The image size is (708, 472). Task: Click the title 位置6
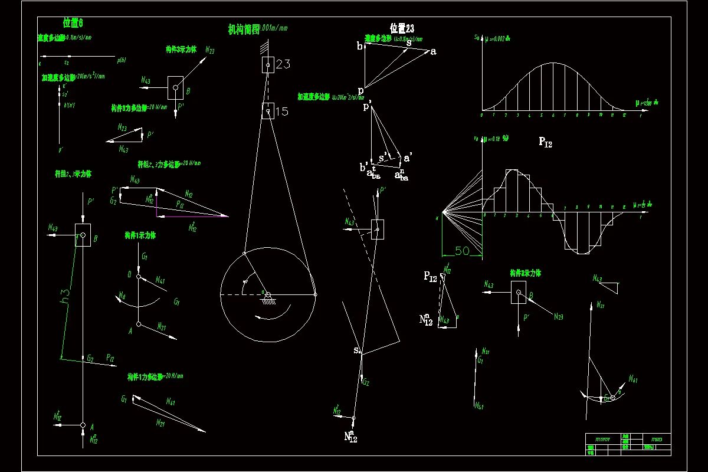pyautogui.click(x=73, y=23)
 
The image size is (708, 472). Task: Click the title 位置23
pyautogui.click(x=402, y=28)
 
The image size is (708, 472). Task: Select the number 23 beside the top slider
pyautogui.click(x=283, y=64)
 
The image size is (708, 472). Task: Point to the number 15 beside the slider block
pyautogui.click(x=282, y=111)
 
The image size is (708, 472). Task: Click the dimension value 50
pyautogui.click(x=462, y=251)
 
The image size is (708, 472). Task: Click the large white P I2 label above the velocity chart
pyautogui.click(x=545, y=142)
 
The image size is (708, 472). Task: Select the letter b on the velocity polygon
pyautogui.click(x=359, y=47)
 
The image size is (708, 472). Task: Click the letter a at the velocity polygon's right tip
pyautogui.click(x=433, y=52)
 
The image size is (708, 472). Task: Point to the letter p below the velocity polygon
pyautogui.click(x=360, y=90)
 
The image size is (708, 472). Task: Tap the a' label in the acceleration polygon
pyautogui.click(x=408, y=158)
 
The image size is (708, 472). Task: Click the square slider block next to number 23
pyautogui.click(x=268, y=65)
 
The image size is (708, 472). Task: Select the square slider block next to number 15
pyautogui.click(x=268, y=111)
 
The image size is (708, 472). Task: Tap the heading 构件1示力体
pyautogui.click(x=140, y=235)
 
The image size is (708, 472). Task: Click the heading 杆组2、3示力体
pyautogui.click(x=73, y=174)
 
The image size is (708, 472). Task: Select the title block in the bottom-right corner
pyautogui.click(x=628, y=444)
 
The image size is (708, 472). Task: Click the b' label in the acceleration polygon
pyautogui.click(x=364, y=167)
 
